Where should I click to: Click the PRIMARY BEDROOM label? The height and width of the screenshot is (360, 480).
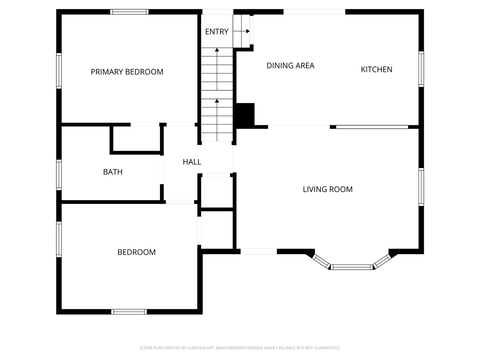tap(127, 72)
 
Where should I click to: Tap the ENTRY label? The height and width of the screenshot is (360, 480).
tap(216, 31)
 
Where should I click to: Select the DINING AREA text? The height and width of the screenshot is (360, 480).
tap(290, 66)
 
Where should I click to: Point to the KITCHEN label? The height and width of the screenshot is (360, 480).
tap(376, 69)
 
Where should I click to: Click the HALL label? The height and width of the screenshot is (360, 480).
tap(192, 162)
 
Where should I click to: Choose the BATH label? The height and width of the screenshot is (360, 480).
tap(112, 172)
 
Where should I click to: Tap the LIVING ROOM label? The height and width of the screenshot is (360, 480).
tap(327, 189)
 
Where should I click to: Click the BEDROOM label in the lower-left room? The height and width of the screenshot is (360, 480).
tap(136, 252)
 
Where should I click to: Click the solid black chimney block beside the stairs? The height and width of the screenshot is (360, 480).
tap(245, 114)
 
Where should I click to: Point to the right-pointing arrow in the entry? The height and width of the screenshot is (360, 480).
tap(247, 31)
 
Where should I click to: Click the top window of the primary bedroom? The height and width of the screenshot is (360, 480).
tap(129, 12)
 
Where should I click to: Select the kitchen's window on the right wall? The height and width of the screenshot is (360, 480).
tap(421, 69)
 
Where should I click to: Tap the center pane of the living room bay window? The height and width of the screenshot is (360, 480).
tap(352, 267)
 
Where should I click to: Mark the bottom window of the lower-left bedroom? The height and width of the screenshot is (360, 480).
tap(129, 312)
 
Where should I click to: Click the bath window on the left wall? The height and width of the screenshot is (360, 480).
tap(59, 174)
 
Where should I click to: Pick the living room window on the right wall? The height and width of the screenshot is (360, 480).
tap(421, 187)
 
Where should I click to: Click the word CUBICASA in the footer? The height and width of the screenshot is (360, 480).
tap(198, 348)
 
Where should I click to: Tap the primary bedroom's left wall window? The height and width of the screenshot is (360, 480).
tap(59, 71)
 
